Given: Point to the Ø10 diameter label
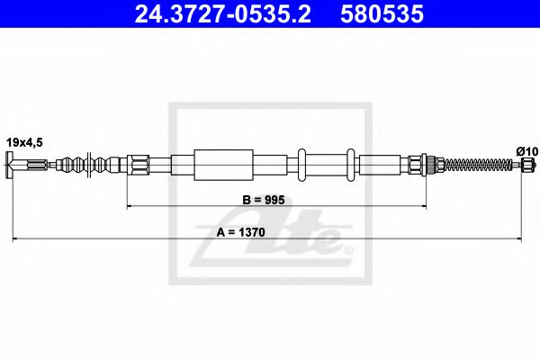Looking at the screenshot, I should tap(526, 149).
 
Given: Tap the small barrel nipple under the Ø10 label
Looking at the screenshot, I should tap(526, 165).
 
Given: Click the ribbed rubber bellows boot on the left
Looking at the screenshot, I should tap(89, 165).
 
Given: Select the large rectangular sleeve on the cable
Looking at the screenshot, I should tap(220, 165).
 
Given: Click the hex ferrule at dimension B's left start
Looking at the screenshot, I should tap(139, 165).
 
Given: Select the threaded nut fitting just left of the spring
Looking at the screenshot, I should tap(423, 165).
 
